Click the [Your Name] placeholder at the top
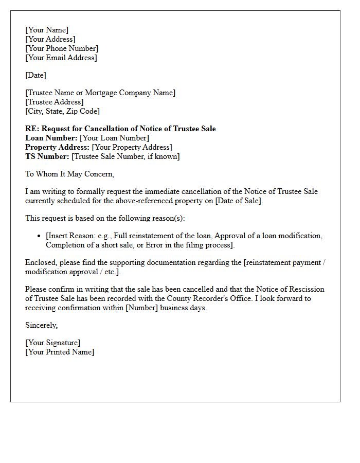tap(47, 30)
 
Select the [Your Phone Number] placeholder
tap(62, 48)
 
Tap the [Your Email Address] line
tap(61, 58)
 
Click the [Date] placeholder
tap(35, 75)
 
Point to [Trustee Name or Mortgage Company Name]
tap(100, 93)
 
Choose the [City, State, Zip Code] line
tap(62, 111)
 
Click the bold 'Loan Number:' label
tap(51, 138)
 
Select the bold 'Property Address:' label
tap(58, 147)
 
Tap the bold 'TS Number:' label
tap(47, 156)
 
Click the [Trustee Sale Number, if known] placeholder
tap(125, 156)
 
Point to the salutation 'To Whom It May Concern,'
tap(69, 174)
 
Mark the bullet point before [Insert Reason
tap(40, 236)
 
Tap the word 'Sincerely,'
tap(42, 325)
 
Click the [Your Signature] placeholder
tap(52, 343)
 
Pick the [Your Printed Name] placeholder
tap(60, 352)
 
